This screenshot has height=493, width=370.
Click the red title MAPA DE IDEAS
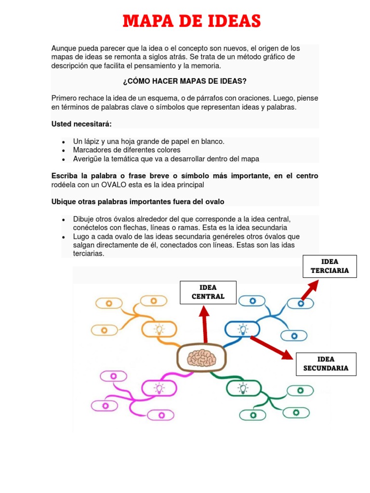191,22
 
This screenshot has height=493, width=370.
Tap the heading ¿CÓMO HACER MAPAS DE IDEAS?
185,81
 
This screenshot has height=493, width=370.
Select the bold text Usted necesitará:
81,124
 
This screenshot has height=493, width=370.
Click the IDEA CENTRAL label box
208,292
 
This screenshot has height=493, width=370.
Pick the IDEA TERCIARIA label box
330,266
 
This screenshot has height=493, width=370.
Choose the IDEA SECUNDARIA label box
326,363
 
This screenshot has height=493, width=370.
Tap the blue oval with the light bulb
243,329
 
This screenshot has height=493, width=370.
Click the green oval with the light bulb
243,387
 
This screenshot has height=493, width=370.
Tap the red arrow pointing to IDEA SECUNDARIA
272,348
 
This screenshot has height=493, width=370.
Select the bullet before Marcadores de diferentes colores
64,150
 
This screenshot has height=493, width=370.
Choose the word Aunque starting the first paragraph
64,49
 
